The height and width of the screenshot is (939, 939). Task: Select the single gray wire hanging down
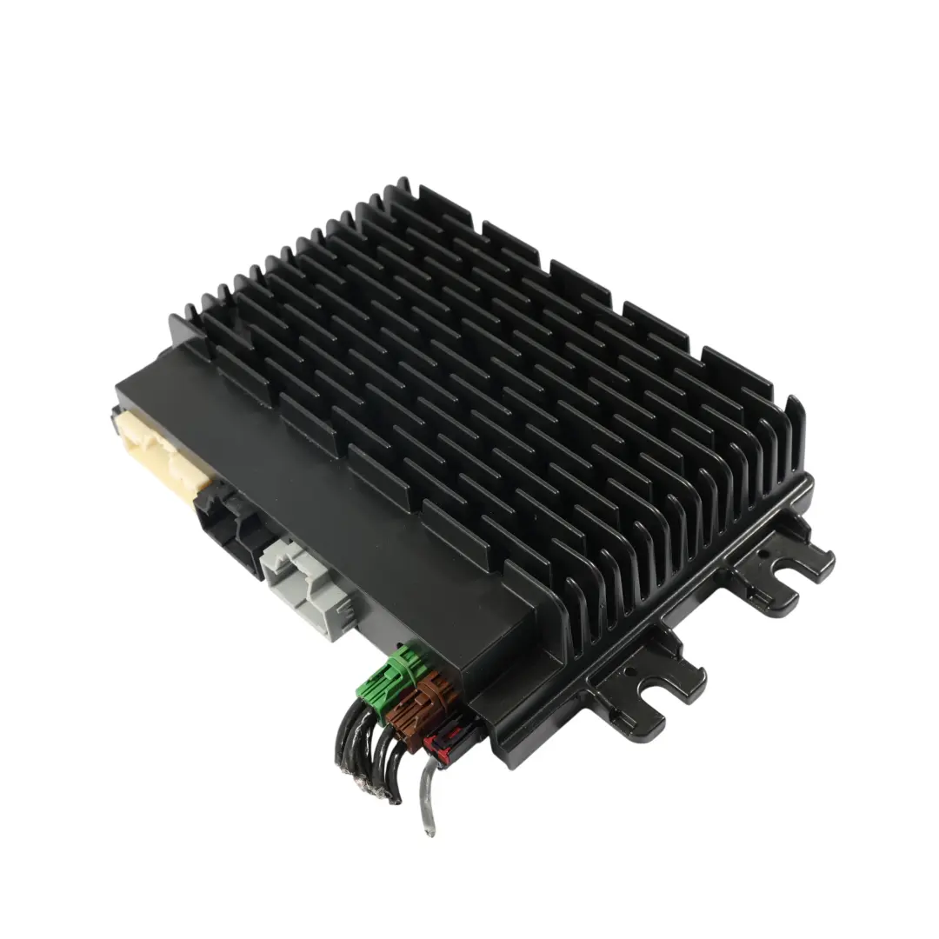[x=426, y=791]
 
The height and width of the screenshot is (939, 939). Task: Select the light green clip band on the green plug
[x=403, y=664]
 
